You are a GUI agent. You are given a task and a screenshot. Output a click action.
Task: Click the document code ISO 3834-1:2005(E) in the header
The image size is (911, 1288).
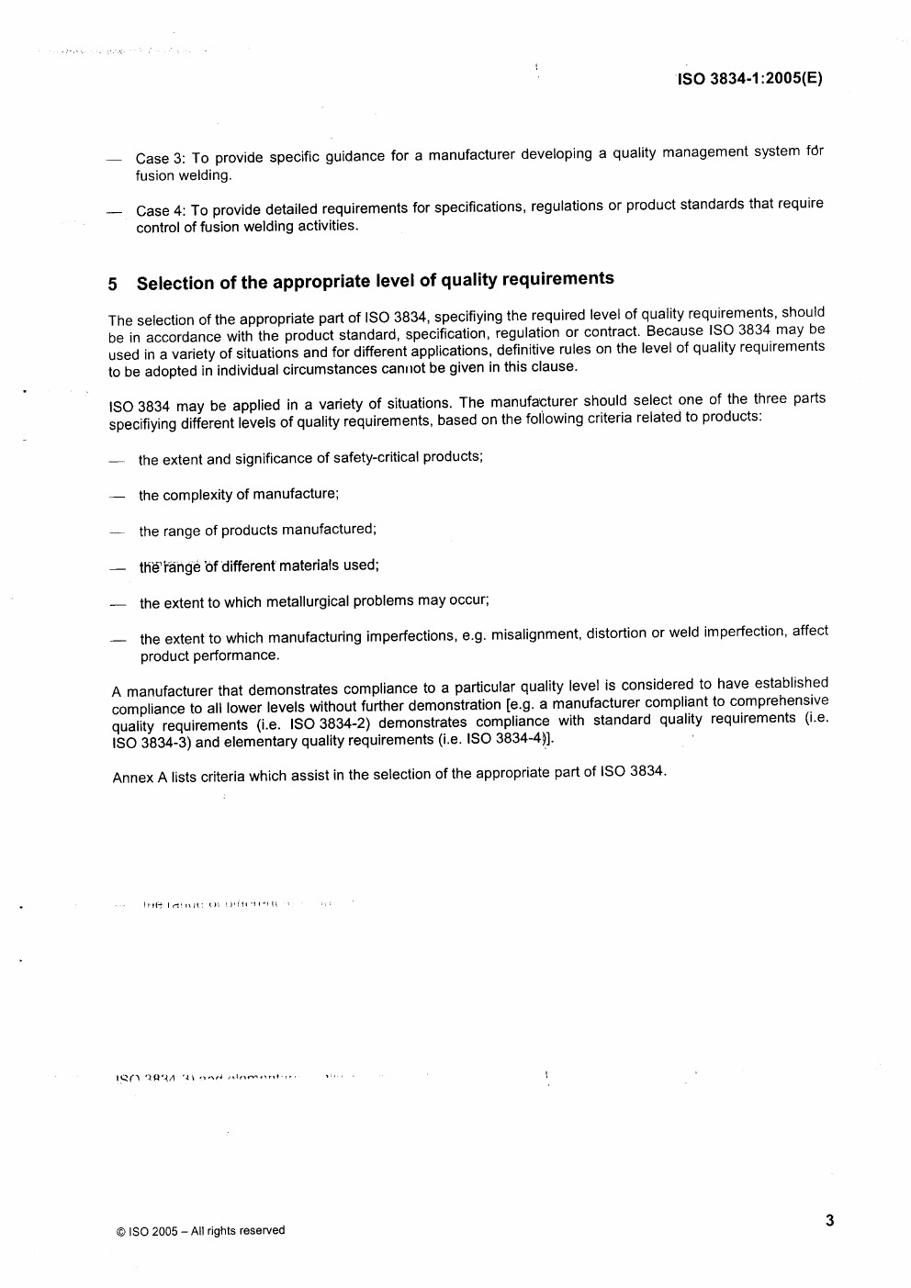click(x=749, y=78)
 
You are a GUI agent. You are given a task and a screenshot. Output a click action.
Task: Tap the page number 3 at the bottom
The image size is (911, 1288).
click(x=829, y=1221)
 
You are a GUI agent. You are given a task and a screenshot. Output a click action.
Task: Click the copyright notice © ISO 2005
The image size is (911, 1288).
click(x=200, y=1231)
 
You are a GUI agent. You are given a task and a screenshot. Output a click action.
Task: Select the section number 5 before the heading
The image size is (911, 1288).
click(x=113, y=285)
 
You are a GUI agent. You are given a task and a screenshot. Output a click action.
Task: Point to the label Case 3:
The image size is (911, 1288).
click(x=161, y=159)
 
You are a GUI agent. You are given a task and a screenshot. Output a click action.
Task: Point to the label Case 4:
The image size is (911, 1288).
click(x=161, y=211)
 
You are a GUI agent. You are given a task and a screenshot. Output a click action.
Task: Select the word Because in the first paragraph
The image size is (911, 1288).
click(x=676, y=330)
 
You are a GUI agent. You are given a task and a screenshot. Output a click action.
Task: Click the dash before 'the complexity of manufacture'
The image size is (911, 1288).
click(x=117, y=497)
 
